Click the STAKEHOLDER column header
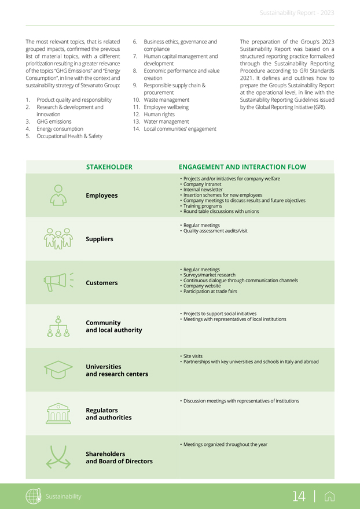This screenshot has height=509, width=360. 109,167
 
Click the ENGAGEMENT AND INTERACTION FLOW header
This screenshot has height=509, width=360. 243,167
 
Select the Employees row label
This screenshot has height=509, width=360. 101,196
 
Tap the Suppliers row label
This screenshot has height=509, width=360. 100,239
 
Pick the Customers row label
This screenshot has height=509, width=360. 101,283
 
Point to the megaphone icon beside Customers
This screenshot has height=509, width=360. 58,282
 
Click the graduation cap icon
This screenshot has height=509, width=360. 58,368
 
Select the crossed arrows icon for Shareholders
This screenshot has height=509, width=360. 58,456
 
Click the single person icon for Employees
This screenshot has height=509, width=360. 58,195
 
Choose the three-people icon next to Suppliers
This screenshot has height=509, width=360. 58,238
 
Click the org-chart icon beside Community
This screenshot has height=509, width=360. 58,326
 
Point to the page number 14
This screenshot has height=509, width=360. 299,496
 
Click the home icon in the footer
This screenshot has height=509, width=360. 330,496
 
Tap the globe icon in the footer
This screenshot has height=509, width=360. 34,496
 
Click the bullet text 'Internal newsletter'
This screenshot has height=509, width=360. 204,190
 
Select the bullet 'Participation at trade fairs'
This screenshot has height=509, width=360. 210,292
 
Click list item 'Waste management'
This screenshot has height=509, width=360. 166,100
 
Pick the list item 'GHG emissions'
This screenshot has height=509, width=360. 54,121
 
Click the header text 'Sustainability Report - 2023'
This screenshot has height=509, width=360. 297,13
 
